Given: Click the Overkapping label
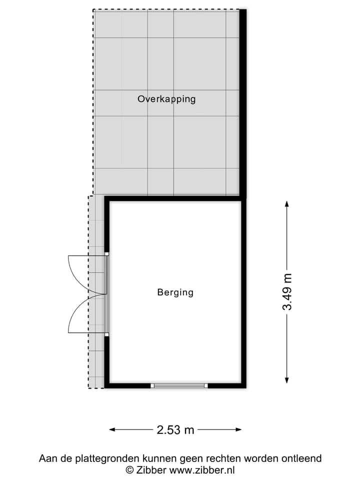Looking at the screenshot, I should (166, 99).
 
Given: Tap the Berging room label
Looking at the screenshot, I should (175, 292).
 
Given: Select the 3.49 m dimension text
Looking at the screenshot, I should (287, 292).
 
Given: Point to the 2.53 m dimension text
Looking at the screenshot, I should (175, 429).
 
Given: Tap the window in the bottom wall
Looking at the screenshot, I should (179, 385).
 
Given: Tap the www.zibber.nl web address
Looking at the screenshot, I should (202, 470).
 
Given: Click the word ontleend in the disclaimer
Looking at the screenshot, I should (303, 458).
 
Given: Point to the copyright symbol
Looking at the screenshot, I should (129, 470).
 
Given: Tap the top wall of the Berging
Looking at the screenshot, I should (175, 198).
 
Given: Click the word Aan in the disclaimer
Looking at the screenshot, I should (47, 458).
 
